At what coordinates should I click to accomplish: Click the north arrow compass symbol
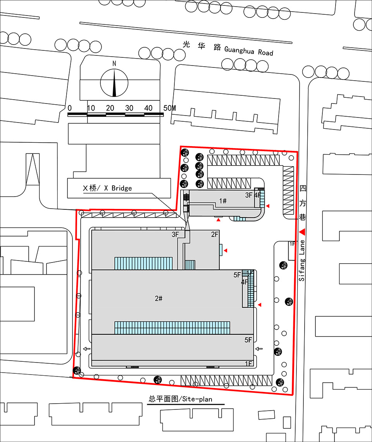pyautogui.click(x=114, y=82)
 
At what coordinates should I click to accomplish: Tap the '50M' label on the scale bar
pyautogui.click(x=170, y=108)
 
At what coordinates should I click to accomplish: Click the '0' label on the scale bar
pyautogui.click(x=70, y=108)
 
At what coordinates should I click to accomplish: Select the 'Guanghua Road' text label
pyautogui.click(x=249, y=51)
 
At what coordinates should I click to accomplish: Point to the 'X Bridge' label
pyautogui.click(x=118, y=188)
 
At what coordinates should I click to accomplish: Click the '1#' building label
pyautogui.click(x=223, y=201)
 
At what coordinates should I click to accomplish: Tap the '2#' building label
pyautogui.click(x=158, y=298)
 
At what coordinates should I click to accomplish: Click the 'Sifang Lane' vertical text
pyautogui.click(x=302, y=261)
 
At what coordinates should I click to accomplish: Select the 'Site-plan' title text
pyautogui.click(x=197, y=399)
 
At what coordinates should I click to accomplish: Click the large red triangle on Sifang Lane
pyautogui.click(x=302, y=232)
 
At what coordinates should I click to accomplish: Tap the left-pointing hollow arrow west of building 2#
pyautogui.click(x=87, y=349)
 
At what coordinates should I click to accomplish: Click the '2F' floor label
pyautogui.click(x=215, y=234)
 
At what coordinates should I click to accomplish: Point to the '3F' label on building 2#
pyautogui.click(x=175, y=234)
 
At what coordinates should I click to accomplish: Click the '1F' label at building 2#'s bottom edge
pyautogui.click(x=248, y=364)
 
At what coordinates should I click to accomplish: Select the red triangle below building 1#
pyautogui.click(x=218, y=219)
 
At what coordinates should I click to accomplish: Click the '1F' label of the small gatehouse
pyautogui.click(x=292, y=244)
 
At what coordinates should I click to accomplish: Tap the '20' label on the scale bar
pyautogui.click(x=110, y=108)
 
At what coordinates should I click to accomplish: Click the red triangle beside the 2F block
pyautogui.click(x=226, y=250)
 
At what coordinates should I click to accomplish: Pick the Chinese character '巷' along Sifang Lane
pyautogui.click(x=302, y=217)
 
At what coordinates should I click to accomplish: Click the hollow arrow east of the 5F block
pyautogui.click(x=259, y=349)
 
